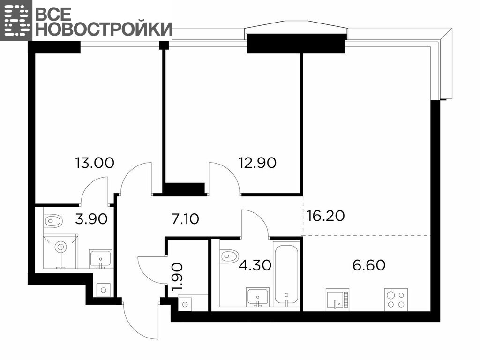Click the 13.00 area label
[95, 163]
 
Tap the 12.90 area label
[257, 163]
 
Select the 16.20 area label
[326, 216]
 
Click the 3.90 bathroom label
[91, 219]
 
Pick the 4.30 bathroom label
[255, 265]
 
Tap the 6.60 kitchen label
[369, 265]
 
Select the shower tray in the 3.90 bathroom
[60, 251]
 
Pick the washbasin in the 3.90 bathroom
[101, 259]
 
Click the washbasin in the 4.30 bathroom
[258, 297]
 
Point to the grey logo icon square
[16, 20]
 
